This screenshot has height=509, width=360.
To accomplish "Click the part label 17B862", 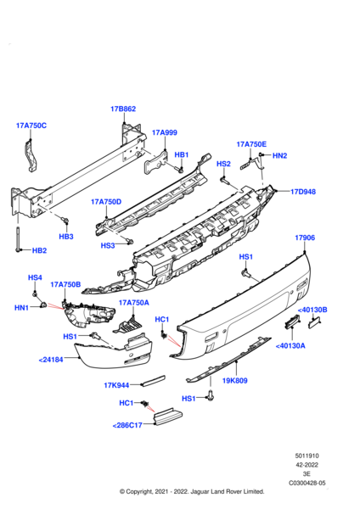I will [123, 109].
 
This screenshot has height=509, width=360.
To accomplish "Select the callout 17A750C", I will [31, 126].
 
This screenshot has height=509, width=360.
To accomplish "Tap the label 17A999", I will [164, 132].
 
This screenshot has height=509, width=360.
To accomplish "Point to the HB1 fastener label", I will [181, 155].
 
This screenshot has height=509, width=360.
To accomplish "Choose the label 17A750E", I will [250, 144].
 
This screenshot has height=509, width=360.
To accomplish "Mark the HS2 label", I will [223, 164].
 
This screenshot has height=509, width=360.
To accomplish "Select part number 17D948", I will [302, 192].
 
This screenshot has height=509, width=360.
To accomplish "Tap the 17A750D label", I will [106, 202].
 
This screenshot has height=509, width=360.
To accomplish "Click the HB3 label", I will [66, 236].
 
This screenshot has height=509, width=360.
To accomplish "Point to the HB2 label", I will [39, 251].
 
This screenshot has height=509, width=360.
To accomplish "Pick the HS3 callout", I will [108, 245].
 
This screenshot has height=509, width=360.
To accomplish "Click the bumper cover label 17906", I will [305, 238].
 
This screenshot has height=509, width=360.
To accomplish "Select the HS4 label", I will [35, 277].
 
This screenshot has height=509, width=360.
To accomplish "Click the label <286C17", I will [128, 427].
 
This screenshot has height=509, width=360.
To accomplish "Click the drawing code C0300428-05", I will [308, 483].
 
